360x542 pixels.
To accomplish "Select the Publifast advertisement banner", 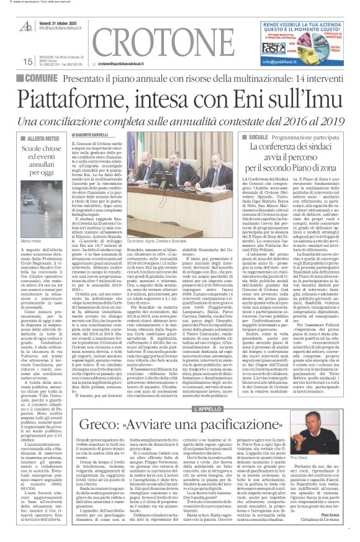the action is [x=300, y=43].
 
